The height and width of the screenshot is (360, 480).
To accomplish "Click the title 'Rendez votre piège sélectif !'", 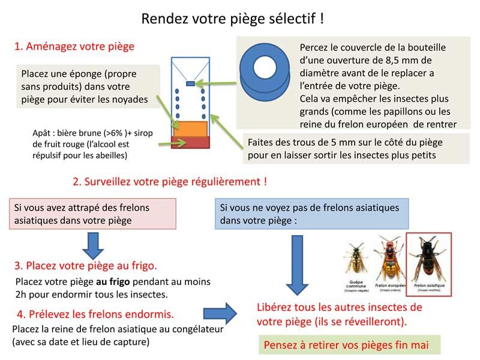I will [x=233, y=19].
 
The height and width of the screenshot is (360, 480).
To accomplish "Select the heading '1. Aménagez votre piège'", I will [x=74, y=46].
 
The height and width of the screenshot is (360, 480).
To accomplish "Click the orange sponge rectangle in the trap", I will [x=190, y=128].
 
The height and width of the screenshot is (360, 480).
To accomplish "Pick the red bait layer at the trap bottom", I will [x=190, y=142].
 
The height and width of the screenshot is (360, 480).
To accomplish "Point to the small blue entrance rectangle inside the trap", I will [x=190, y=83].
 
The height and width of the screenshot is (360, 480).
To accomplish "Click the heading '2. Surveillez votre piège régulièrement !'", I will [x=169, y=181].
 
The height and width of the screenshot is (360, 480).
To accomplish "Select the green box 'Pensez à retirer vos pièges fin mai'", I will [x=351, y=345].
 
